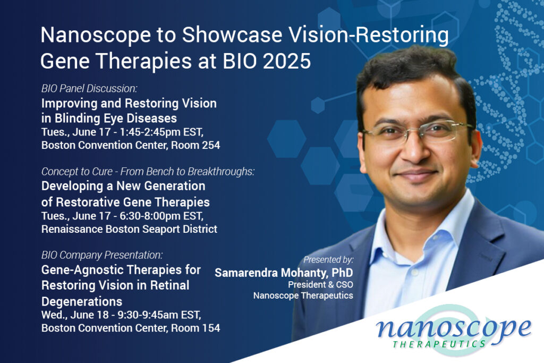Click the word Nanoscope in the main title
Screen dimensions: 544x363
pos(96,35)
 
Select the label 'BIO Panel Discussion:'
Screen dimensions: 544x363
pos(89,89)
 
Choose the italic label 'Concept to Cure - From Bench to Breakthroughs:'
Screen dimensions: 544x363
pos(148,172)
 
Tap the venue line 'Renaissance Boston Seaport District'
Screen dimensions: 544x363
pos(130,229)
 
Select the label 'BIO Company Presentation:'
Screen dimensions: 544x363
pos(102,255)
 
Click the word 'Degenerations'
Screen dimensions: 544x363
pos(82,301)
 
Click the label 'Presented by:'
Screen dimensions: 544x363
pos(328,259)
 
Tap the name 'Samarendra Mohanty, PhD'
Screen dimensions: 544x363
pos(284,273)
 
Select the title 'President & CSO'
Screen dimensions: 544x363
pos(320,284)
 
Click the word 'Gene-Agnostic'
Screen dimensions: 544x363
pos(83,270)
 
